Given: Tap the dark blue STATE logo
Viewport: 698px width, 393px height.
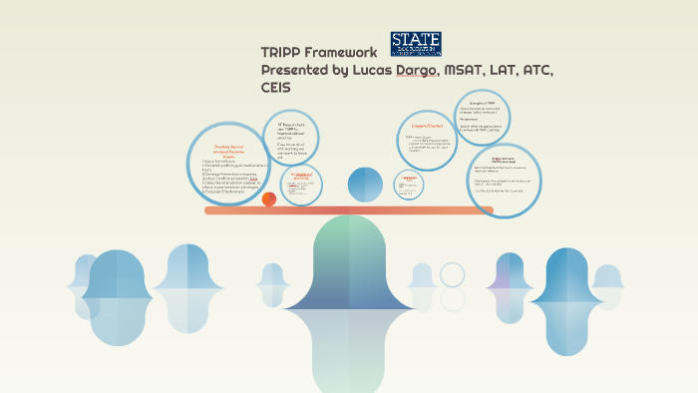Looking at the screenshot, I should tap(416, 43).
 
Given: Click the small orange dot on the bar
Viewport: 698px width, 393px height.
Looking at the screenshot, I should tap(268, 198).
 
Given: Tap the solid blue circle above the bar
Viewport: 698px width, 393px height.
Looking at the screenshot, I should tap(364, 184).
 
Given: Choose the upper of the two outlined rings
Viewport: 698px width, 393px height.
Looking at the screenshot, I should tap(453, 274).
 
